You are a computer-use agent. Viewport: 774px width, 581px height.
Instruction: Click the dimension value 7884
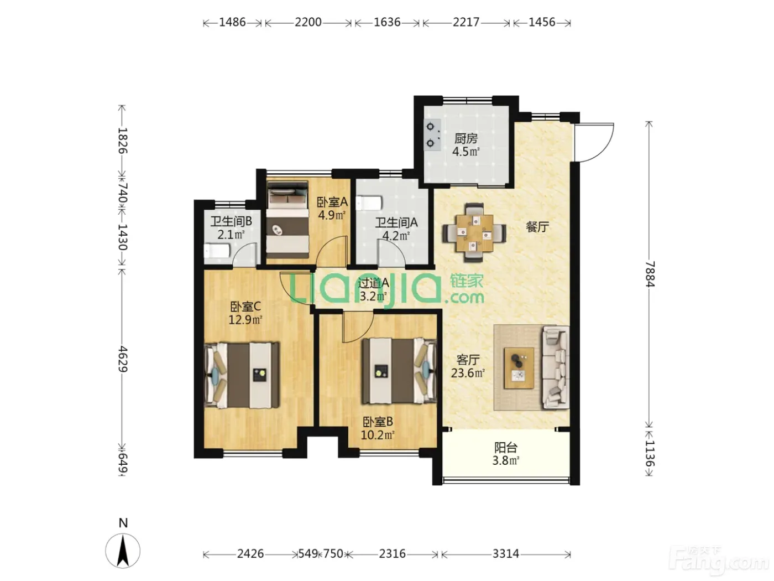(x=650, y=274)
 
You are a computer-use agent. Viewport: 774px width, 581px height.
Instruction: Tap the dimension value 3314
(x=506, y=554)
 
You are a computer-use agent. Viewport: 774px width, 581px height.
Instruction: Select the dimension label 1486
(x=232, y=22)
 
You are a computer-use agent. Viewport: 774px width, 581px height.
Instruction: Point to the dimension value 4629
(x=122, y=359)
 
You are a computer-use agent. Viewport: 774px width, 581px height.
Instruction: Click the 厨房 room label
(x=466, y=139)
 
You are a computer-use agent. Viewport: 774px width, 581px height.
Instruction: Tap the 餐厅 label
(x=537, y=227)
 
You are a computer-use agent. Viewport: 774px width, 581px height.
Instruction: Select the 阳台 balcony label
(x=506, y=448)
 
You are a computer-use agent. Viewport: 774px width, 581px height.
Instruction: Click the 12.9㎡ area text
(x=245, y=320)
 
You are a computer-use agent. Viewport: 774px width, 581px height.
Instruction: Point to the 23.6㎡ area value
(x=468, y=373)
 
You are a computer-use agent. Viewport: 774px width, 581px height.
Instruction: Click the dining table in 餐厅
(x=474, y=233)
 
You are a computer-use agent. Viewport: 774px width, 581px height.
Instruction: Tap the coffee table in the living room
(x=519, y=368)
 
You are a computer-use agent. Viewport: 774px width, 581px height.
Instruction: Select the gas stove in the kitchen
(x=432, y=135)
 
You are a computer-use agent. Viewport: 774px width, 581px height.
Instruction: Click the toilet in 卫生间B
(x=217, y=251)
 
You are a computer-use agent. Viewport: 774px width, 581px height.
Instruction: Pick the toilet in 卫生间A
(x=369, y=203)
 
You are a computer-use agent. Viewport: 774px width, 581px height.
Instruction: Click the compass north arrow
(x=123, y=551)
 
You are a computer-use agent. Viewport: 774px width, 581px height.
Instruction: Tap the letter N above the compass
(x=123, y=523)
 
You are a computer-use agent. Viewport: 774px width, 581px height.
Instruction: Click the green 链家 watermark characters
(x=467, y=281)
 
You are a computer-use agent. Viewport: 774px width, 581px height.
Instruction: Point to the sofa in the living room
(x=556, y=367)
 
